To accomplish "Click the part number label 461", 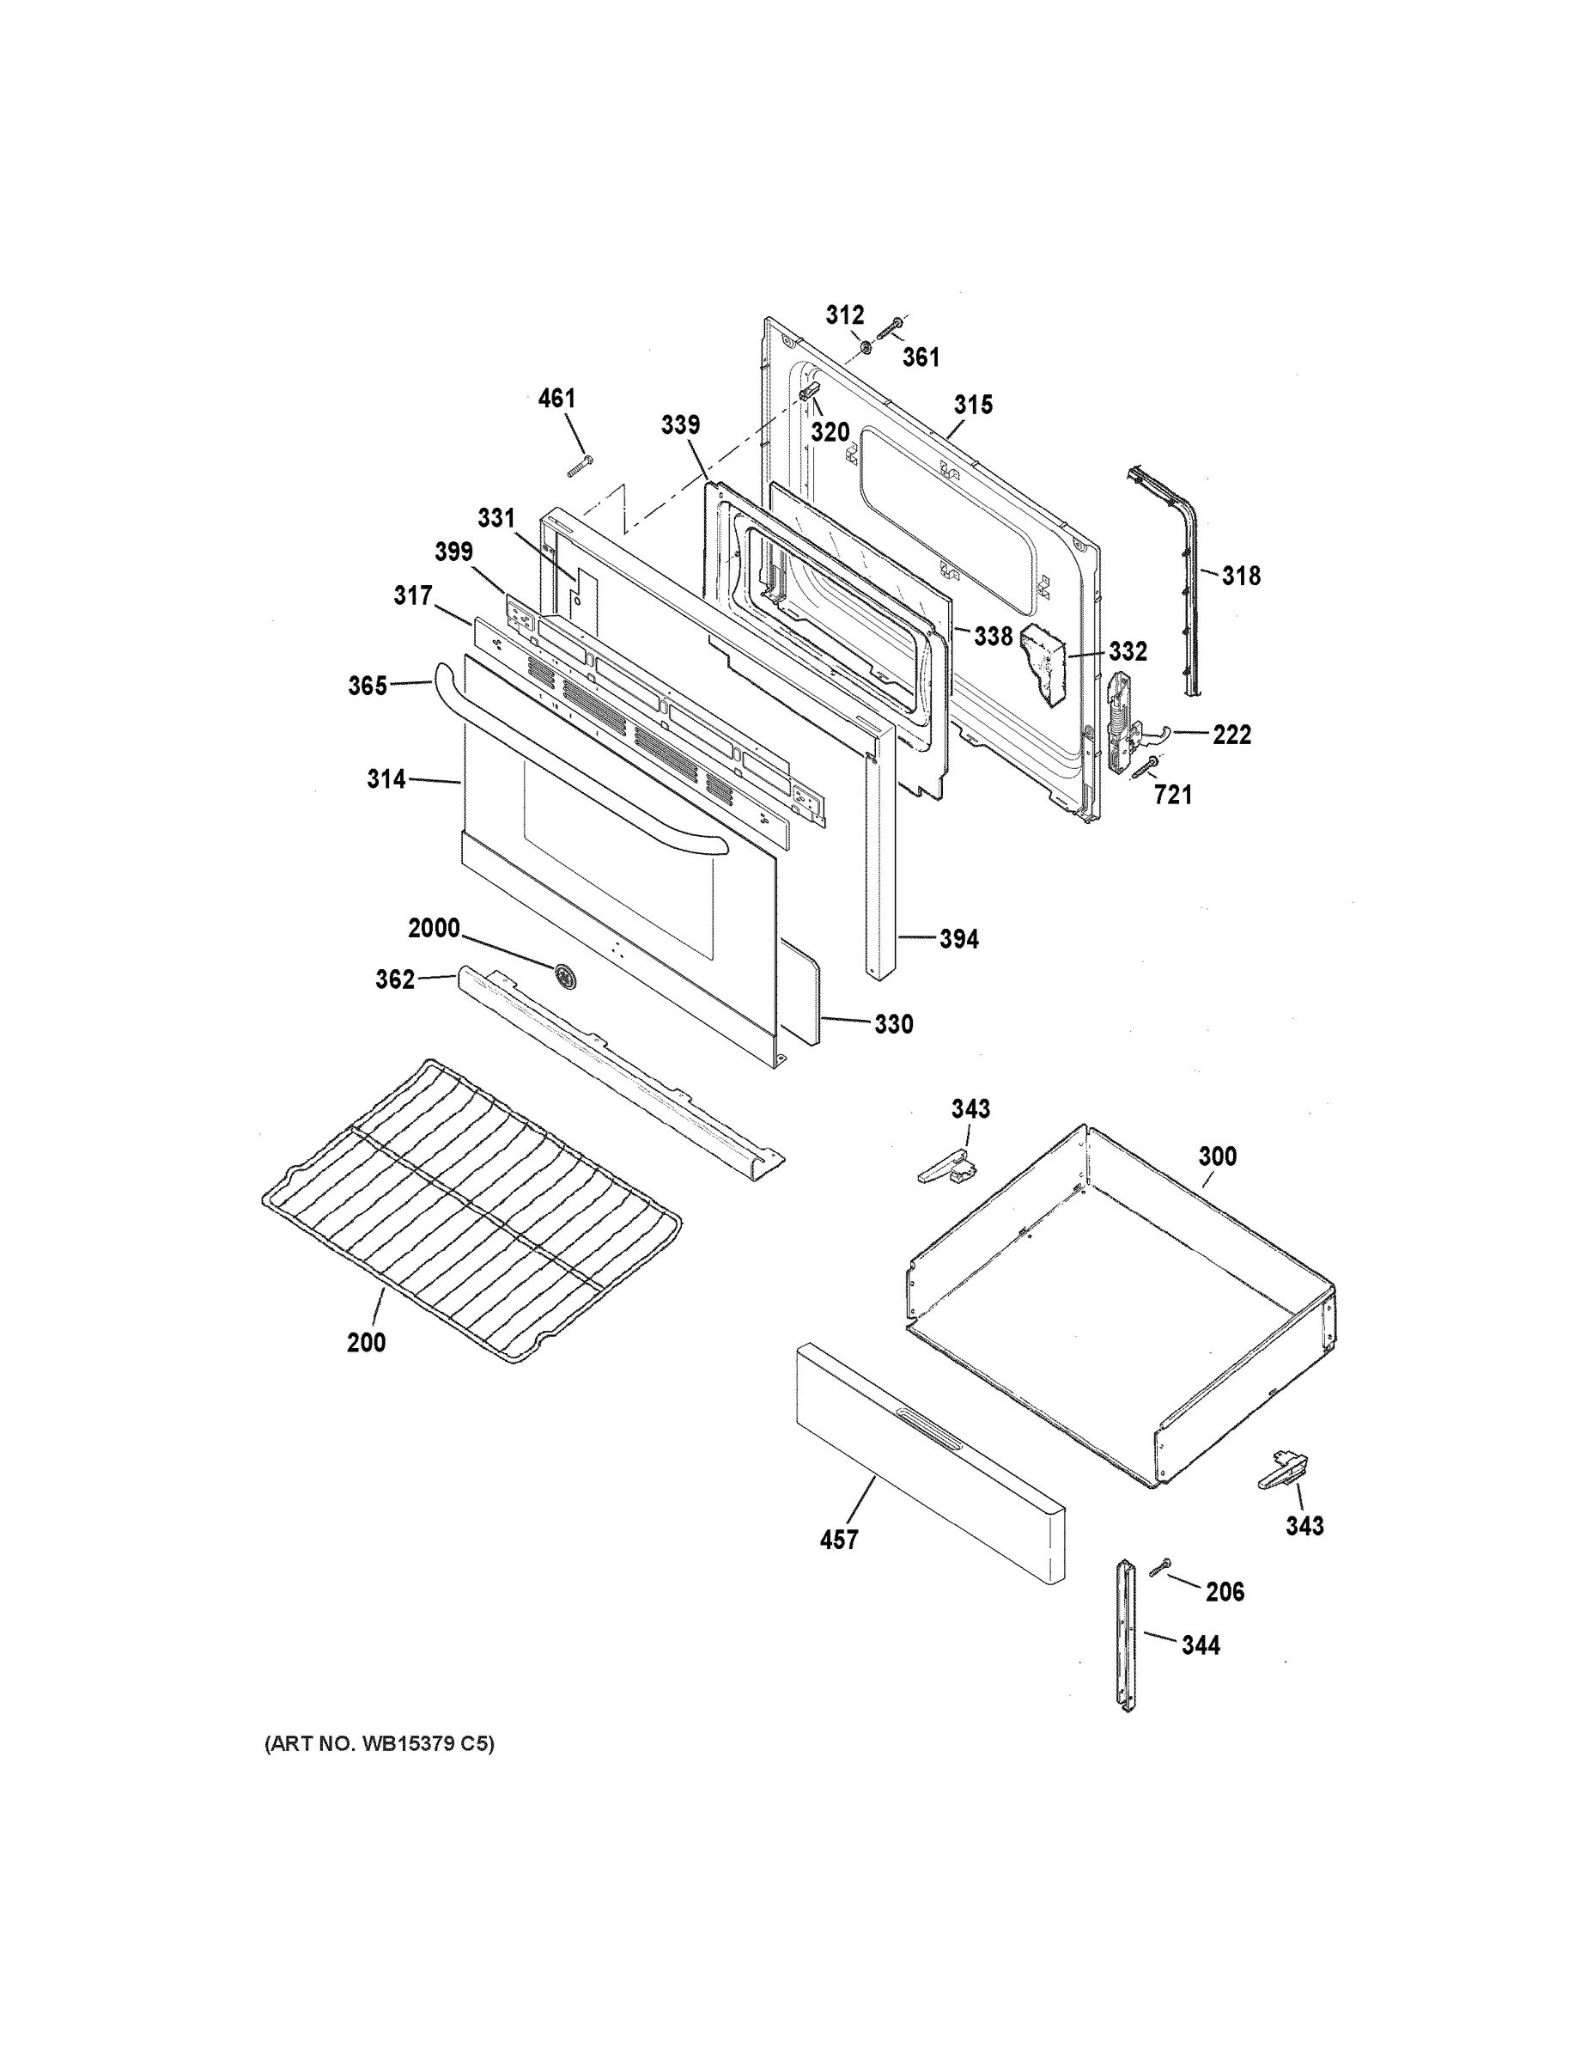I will pyautogui.click(x=556, y=399).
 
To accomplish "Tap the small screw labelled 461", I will pyautogui.click(x=579, y=466).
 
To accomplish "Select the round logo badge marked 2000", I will pyautogui.click(x=566, y=976).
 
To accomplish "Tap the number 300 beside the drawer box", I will pyautogui.click(x=1218, y=1156).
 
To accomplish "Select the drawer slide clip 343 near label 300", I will pyautogui.click(x=946, y=1168).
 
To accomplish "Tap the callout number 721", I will pyautogui.click(x=1173, y=795).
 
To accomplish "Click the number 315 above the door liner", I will pyautogui.click(x=973, y=405).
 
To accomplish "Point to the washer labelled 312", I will pyautogui.click(x=866, y=351).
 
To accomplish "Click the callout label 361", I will pyautogui.click(x=921, y=357).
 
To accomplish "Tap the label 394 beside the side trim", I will pyautogui.click(x=959, y=938).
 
